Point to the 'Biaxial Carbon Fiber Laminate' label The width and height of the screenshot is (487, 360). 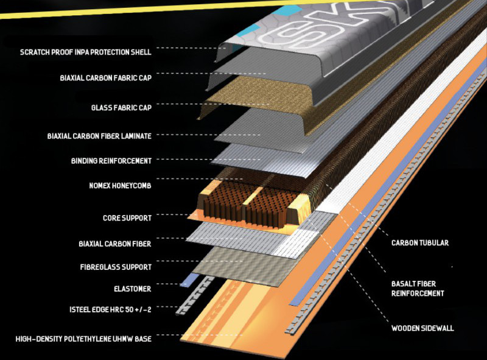(x=99, y=135)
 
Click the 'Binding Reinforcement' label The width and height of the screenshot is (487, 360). (x=111, y=161)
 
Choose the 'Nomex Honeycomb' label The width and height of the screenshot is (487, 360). (x=119, y=186)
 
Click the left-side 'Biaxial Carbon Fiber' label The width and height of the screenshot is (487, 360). (x=114, y=244)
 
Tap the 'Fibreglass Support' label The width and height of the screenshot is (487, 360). (x=115, y=267)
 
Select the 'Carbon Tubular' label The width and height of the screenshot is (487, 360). (x=419, y=242)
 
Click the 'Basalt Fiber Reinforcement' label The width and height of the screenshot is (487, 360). (x=418, y=288)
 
